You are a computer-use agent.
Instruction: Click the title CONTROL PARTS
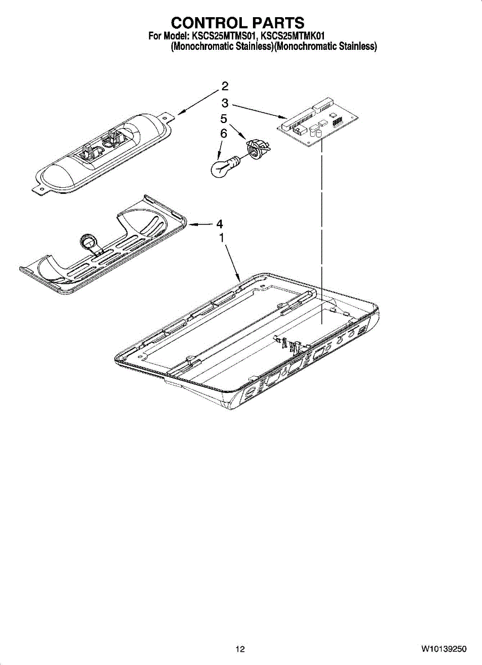coord(237,23)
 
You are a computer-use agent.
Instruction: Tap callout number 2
coord(225,86)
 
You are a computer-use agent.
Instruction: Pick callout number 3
coord(225,103)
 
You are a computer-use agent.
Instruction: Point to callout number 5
coord(224,119)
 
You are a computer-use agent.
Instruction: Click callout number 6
coord(224,134)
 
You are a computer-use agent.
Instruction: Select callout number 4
coord(220,224)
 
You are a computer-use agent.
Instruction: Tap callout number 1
coord(221,238)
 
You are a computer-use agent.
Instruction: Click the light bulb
coord(221,167)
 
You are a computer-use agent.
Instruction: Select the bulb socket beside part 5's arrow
coord(258,149)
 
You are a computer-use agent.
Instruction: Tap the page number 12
coord(240,649)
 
